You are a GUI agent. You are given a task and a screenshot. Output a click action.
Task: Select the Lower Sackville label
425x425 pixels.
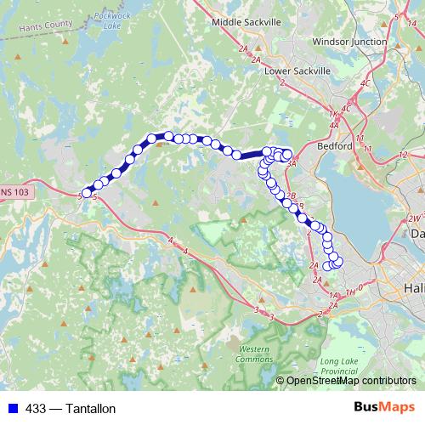coord(297,71)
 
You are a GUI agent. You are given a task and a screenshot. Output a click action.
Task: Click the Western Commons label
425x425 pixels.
coord(254,354)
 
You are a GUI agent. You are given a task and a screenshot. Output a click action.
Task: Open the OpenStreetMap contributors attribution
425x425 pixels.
coord(350,380)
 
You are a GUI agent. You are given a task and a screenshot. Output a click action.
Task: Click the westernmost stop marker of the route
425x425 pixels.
coord(86,194)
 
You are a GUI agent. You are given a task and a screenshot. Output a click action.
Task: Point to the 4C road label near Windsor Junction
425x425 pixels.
coord(365,82)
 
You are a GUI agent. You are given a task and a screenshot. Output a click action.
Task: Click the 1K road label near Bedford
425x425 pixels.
coord(333,114)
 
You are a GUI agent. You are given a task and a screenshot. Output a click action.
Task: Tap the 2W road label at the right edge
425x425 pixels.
coord(411,218)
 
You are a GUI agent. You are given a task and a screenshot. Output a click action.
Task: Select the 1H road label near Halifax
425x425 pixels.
coord(350,292)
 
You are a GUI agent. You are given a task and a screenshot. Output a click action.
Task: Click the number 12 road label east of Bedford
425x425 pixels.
coord(402,154)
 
